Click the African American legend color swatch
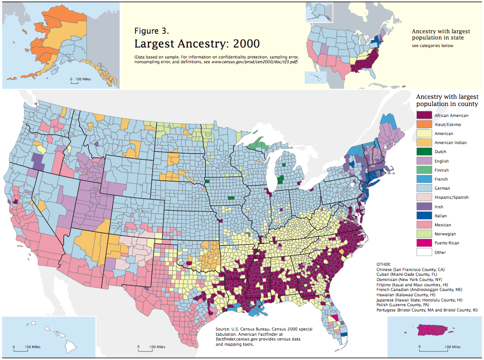(x=424, y=116)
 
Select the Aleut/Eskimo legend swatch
(x=424, y=125)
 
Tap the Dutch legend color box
(x=424, y=152)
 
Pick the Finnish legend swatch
(x=424, y=170)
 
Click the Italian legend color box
(x=424, y=216)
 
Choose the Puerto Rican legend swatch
(x=424, y=243)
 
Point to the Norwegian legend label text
(x=445, y=234)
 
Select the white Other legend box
(x=424, y=252)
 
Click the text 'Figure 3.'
(x=151, y=31)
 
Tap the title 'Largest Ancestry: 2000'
(x=197, y=44)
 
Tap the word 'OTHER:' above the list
(x=383, y=264)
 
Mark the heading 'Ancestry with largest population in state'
(x=437, y=34)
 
